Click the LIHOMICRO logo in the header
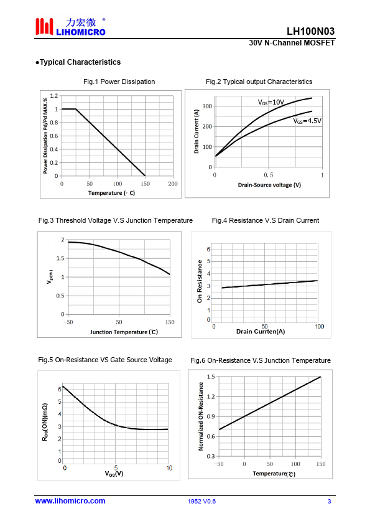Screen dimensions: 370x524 [x=70, y=26]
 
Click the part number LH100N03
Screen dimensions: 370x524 [x=310, y=31]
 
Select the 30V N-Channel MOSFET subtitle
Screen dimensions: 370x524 [x=292, y=43]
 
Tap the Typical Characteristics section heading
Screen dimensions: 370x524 [x=78, y=62]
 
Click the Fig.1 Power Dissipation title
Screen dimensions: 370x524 [x=119, y=82]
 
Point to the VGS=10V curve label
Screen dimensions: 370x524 [x=271, y=102]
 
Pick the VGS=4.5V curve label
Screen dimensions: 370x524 [x=307, y=121]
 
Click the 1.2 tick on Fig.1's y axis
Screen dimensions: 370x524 [x=53, y=96]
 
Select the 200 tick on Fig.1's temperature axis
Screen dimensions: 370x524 [x=173, y=184]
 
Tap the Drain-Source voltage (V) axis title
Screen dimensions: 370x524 [x=269, y=185]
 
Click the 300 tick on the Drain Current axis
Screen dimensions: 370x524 [x=207, y=106]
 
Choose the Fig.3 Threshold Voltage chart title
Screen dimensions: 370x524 [x=116, y=220]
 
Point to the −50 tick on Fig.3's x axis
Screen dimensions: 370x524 [x=68, y=322]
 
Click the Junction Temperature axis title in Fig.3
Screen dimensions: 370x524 [x=124, y=332]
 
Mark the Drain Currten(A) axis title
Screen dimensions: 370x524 [x=261, y=332]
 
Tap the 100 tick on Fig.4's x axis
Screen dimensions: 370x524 [x=319, y=327]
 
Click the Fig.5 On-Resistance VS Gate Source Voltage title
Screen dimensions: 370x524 [x=105, y=360]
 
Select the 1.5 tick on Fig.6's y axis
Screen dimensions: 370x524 [x=211, y=377]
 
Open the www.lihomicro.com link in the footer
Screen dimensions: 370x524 [x=70, y=501]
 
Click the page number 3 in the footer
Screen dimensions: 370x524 [x=329, y=501]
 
